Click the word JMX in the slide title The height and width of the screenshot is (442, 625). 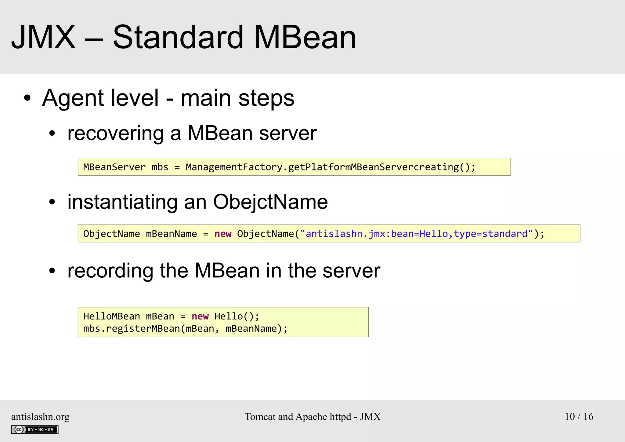tap(43, 37)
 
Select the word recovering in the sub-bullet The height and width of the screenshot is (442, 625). tap(116, 133)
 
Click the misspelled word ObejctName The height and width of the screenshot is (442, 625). tap(270, 202)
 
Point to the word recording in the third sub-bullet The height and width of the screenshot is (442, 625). tap(110, 271)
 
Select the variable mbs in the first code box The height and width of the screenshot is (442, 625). tap(160, 167)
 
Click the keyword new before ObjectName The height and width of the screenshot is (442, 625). tap(223, 234)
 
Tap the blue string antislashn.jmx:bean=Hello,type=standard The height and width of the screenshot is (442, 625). tap(417, 234)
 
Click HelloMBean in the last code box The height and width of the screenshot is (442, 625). tap(111, 316)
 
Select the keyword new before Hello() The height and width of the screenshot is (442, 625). tap(200, 316)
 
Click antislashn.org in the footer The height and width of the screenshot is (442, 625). tap(40, 417)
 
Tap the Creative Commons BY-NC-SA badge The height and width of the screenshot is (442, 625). tap(35, 429)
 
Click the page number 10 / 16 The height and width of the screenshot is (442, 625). tap(579, 417)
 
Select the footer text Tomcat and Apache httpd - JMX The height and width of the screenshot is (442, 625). tap(312, 417)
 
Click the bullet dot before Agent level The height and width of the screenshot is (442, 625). tap(27, 98)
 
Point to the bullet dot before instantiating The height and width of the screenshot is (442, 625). tap(52, 202)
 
